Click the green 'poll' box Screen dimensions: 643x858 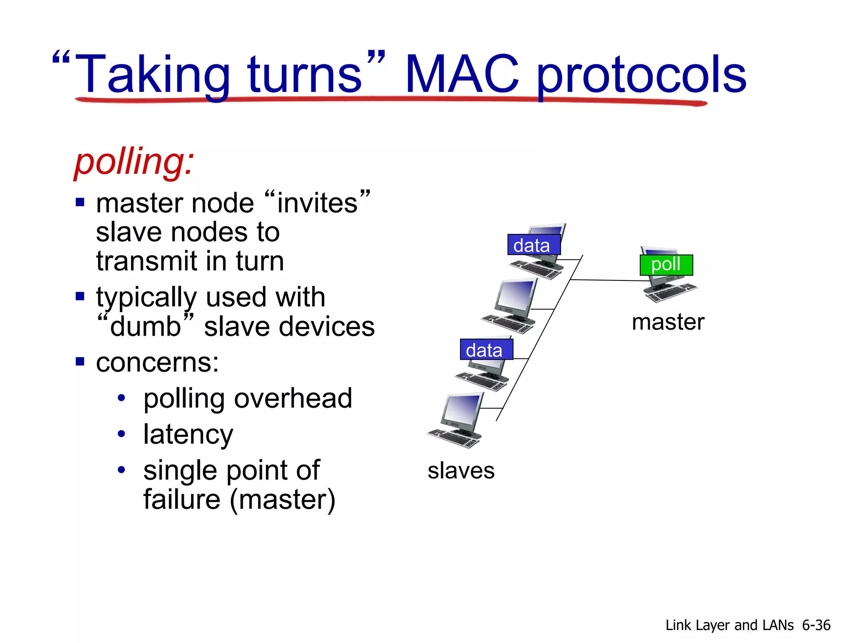point(666,265)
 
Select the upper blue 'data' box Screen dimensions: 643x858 point(533,245)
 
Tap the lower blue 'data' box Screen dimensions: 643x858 point(486,350)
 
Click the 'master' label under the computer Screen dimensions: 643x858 point(668,322)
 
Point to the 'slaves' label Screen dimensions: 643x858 point(461,471)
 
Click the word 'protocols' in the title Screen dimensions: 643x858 point(641,75)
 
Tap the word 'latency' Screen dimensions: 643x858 point(188,435)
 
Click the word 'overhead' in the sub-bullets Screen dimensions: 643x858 point(293,398)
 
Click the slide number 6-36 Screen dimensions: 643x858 point(816,625)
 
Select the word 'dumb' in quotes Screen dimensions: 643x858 point(145,327)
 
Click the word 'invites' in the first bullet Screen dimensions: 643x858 point(318,203)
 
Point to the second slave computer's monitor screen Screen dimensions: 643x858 point(515,295)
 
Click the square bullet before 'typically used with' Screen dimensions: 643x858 point(80,296)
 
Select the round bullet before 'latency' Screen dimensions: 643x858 point(121,434)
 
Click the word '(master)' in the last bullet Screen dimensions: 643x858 point(282,499)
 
